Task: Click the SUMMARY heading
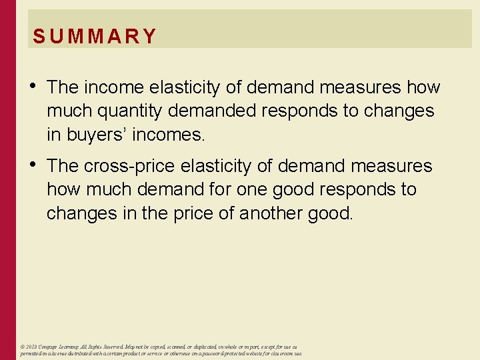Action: (x=94, y=36)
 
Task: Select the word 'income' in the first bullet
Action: (x=111, y=87)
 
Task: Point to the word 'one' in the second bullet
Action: (x=248, y=189)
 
